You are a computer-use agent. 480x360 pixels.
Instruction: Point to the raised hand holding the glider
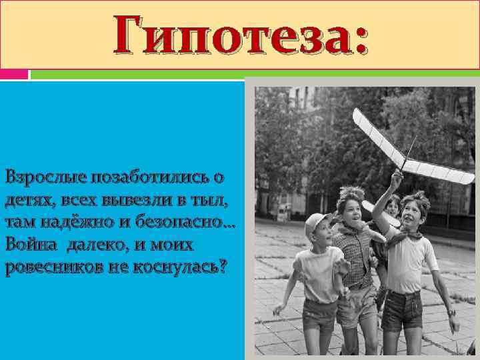coord(396,178)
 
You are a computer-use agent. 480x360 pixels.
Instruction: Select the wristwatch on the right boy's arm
coord(452,313)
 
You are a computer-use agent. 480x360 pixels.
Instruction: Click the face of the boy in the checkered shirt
coord(352,207)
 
